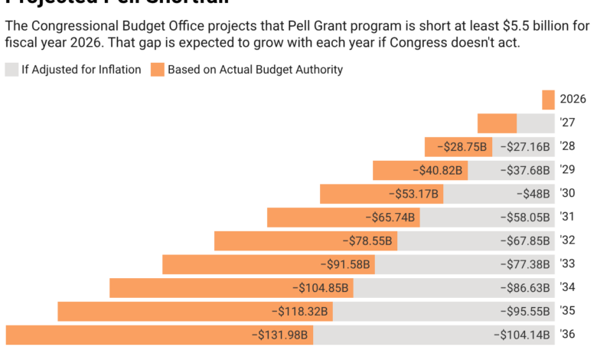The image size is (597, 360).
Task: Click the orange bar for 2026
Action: pyautogui.click(x=548, y=100)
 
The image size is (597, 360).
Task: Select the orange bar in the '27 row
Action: pyautogui.click(x=497, y=123)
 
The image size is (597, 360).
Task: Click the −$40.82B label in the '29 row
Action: pyautogui.click(x=437, y=171)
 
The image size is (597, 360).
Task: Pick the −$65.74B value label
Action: pyautogui.click(x=390, y=218)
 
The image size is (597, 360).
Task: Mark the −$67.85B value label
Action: pyautogui.click(x=524, y=241)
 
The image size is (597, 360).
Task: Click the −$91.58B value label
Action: pyautogui.click(x=344, y=265)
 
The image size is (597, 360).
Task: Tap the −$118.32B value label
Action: pyautogui.click(x=299, y=312)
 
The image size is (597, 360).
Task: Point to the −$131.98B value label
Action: pyautogui.click(x=279, y=335)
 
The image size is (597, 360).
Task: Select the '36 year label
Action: pyautogui.click(x=567, y=335)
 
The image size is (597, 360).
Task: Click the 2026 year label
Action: pyautogui.click(x=573, y=100)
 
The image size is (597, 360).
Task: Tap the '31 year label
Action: pyautogui.click(x=566, y=218)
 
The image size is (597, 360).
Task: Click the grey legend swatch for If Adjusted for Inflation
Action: pyautogui.click(x=11, y=70)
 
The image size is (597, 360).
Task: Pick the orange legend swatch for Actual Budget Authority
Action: pyautogui.click(x=157, y=70)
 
